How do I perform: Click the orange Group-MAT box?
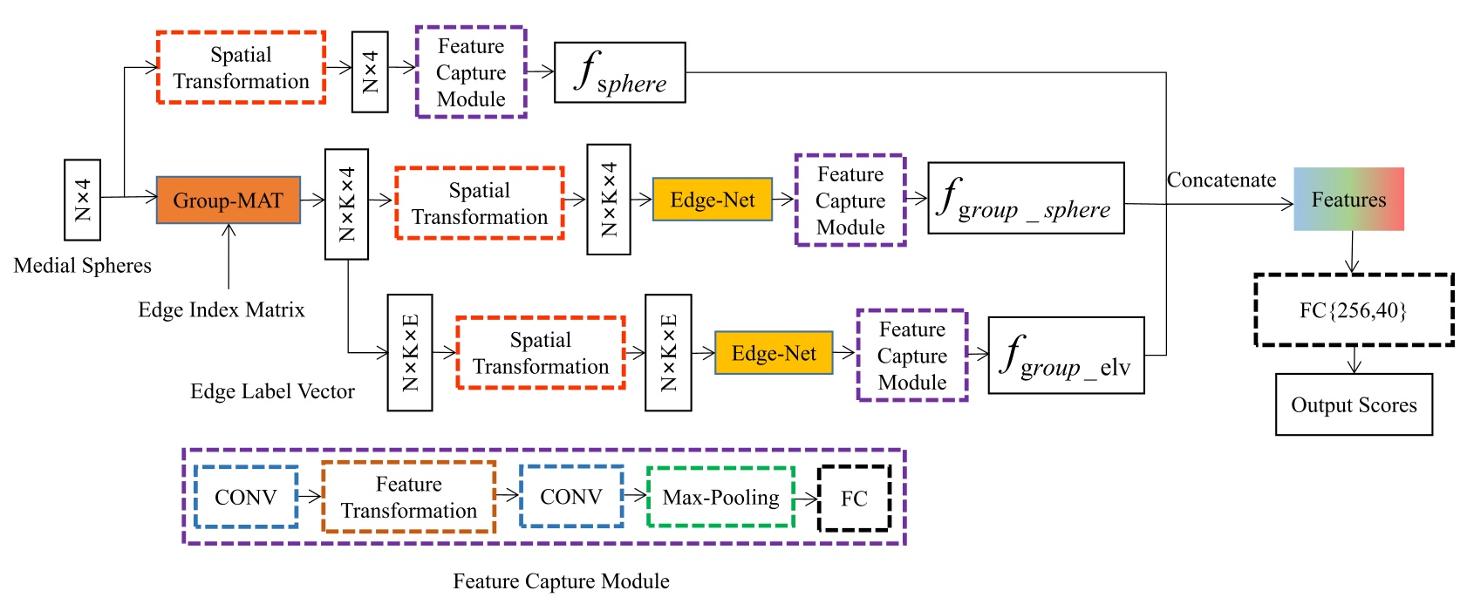pyautogui.click(x=228, y=200)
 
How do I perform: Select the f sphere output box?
pyautogui.click(x=619, y=73)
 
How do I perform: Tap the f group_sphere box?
pyautogui.click(x=1025, y=199)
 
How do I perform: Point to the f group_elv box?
pyautogui.click(x=1065, y=356)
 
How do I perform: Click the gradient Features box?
pyautogui.click(x=1348, y=200)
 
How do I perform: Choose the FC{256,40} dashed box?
pyautogui.click(x=1353, y=310)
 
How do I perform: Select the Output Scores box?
pyautogui.click(x=1353, y=404)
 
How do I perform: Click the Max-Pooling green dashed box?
pyautogui.click(x=720, y=498)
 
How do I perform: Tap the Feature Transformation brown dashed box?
pyautogui.click(x=408, y=498)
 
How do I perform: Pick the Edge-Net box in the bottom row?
pyautogui.click(x=773, y=353)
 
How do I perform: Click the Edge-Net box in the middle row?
pyautogui.click(x=712, y=200)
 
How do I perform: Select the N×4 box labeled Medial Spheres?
pyautogui.click(x=82, y=200)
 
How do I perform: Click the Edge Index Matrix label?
pyautogui.click(x=222, y=310)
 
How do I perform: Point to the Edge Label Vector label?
pyautogui.click(x=272, y=391)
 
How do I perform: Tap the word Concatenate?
pyautogui.click(x=1221, y=180)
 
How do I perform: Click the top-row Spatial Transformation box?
pyautogui.click(x=241, y=68)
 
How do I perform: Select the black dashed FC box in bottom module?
pyautogui.click(x=854, y=499)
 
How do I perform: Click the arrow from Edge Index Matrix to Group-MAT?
pyautogui.click(x=229, y=257)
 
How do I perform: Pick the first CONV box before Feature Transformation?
pyautogui.click(x=246, y=498)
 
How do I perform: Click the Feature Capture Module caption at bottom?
pyautogui.click(x=561, y=581)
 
